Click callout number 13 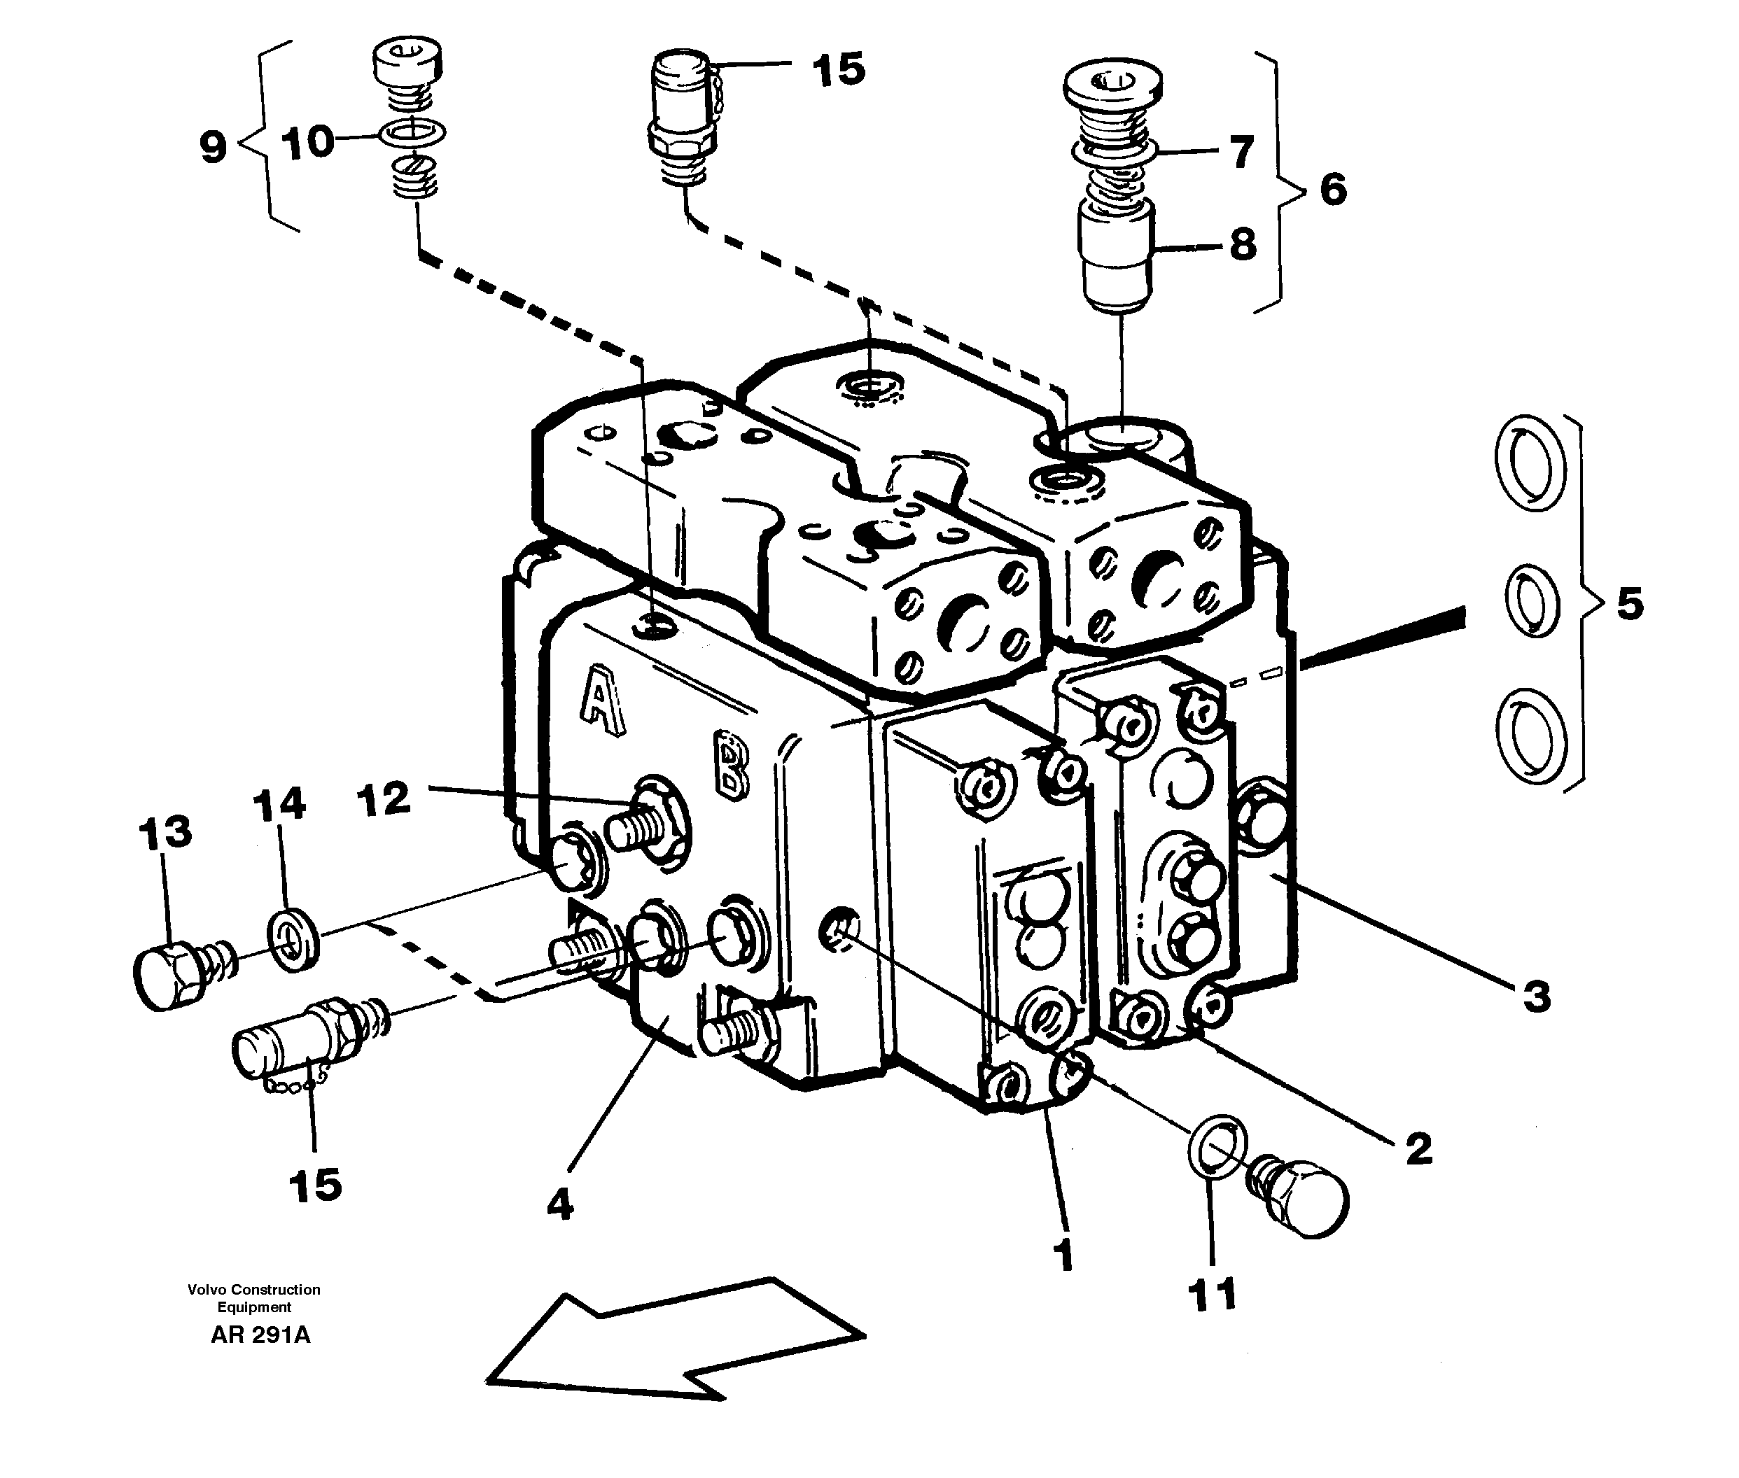[165, 834]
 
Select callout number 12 [384, 798]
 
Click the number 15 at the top [838, 69]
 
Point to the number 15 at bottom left [316, 1185]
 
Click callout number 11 [1213, 1295]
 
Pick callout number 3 [1536, 997]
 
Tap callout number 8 [1242, 245]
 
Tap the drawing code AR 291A [260, 1335]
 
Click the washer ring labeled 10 [412, 132]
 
